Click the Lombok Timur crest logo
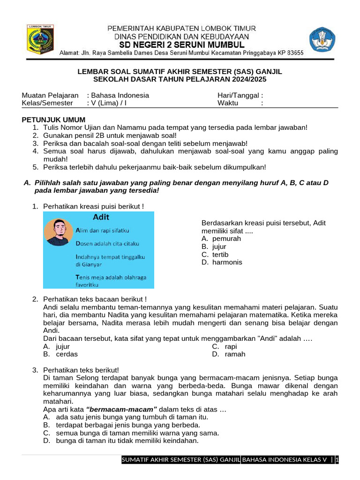click(x=40, y=39)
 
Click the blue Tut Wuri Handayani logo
click(x=322, y=39)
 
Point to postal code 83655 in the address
click(x=293, y=53)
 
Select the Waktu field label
click(x=228, y=103)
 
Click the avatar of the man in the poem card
click(x=59, y=231)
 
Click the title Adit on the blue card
click(x=101, y=217)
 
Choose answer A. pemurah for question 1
click(x=221, y=239)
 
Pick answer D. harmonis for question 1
click(x=222, y=262)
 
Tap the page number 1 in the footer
click(x=337, y=460)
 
